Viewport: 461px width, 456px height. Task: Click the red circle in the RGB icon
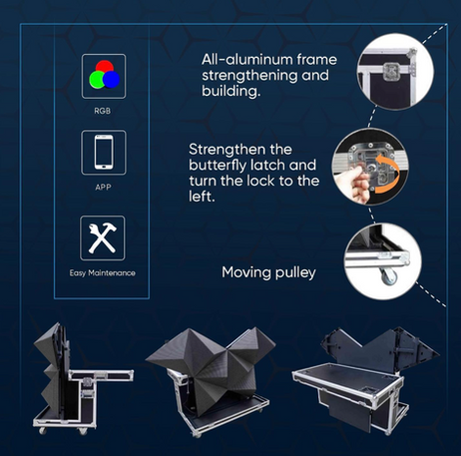pyautogui.click(x=105, y=68)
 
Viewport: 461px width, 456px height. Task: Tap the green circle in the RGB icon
pyautogui.click(x=97, y=80)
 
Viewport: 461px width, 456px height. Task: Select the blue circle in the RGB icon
pyautogui.click(x=112, y=80)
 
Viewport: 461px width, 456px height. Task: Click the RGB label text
pyautogui.click(x=103, y=111)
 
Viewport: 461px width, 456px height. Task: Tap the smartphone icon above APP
pyautogui.click(x=104, y=152)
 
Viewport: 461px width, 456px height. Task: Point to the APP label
pyautogui.click(x=103, y=188)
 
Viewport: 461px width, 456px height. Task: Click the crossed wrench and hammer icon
pyautogui.click(x=103, y=237)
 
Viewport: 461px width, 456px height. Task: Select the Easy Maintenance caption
pyautogui.click(x=103, y=273)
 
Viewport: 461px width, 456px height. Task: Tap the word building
pyautogui.click(x=230, y=91)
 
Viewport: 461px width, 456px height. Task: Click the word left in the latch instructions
pyautogui.click(x=202, y=197)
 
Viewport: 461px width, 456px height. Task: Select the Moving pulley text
pyautogui.click(x=268, y=272)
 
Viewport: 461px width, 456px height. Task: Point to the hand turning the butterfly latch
pyautogui.click(x=352, y=182)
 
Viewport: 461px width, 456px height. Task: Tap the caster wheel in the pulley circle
pyautogui.click(x=389, y=276)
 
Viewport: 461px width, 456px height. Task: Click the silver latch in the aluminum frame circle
pyautogui.click(x=392, y=72)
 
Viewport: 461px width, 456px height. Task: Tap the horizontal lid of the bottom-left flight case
pyautogui.click(x=101, y=375)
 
